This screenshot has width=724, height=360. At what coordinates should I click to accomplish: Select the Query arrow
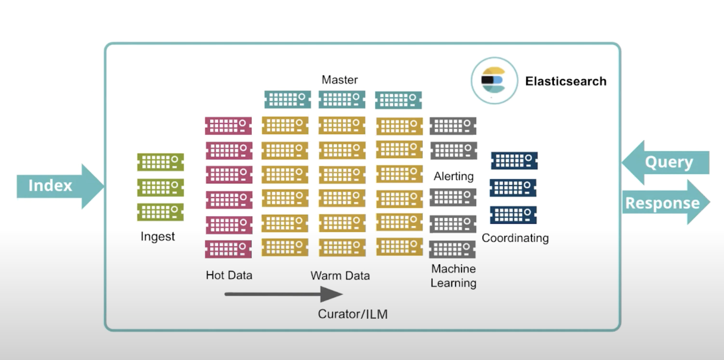point(667,163)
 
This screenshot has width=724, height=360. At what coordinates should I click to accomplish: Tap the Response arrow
point(665,203)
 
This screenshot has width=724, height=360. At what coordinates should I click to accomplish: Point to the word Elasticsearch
point(566,81)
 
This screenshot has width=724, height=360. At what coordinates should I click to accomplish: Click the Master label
point(339,80)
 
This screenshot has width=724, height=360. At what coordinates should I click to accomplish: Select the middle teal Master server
point(342,100)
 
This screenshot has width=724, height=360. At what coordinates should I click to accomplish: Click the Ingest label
point(158,236)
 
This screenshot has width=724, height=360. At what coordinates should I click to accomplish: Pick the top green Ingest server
point(161,162)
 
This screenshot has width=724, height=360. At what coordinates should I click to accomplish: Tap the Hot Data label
point(229,275)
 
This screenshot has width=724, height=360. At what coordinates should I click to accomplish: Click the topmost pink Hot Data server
point(228,126)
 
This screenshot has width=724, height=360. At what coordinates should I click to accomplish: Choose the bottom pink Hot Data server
point(228,249)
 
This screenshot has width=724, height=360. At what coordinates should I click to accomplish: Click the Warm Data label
point(340,276)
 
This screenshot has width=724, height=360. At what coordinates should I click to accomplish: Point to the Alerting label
point(454,176)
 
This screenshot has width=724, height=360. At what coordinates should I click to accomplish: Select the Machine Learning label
point(453,276)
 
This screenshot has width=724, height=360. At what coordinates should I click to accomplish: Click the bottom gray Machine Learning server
point(452,249)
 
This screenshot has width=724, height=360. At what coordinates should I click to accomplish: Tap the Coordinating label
point(515,238)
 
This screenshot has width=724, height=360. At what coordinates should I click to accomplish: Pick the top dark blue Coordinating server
point(514,161)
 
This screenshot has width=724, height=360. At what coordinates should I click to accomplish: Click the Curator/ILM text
point(352,314)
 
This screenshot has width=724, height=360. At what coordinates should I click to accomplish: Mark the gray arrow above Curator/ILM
point(283,294)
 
